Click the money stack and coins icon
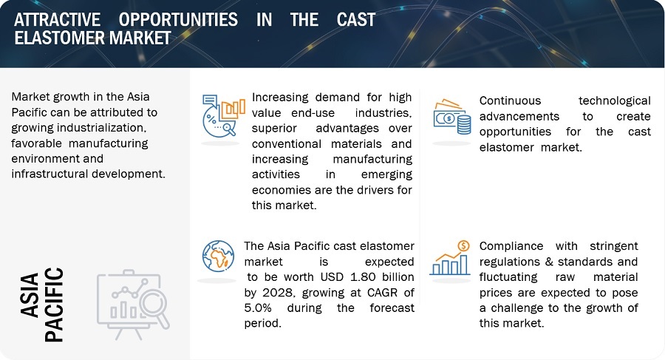click(452, 117)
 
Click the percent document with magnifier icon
click(222, 115)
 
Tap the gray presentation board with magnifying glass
click(133, 301)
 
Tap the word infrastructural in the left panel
click(50, 173)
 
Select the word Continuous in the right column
click(510, 101)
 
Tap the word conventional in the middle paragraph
click(289, 144)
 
